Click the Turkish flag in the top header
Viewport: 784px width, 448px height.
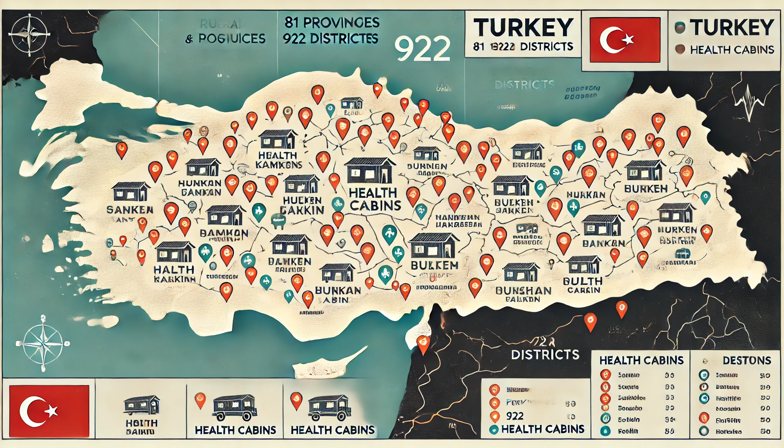pyautogui.click(x=625, y=40)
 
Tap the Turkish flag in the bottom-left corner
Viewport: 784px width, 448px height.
pyautogui.click(x=49, y=411)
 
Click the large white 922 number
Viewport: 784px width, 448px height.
pyautogui.click(x=422, y=49)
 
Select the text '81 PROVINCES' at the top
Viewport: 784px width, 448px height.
pyautogui.click(x=332, y=23)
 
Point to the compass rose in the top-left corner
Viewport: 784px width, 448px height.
pyautogui.click(x=29, y=33)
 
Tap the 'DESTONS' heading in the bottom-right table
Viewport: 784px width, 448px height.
pyautogui.click(x=746, y=360)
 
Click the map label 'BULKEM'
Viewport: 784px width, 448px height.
pyautogui.click(x=434, y=265)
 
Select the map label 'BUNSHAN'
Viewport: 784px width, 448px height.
pyautogui.click(x=523, y=290)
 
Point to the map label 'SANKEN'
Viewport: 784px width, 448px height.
pyautogui.click(x=130, y=210)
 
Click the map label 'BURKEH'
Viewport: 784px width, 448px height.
pyautogui.click(x=646, y=189)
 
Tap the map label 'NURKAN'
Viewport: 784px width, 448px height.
pyautogui.click(x=586, y=195)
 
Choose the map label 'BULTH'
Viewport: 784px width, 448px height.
pyautogui.click(x=582, y=281)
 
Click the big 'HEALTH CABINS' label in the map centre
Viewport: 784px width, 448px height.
pyautogui.click(x=375, y=199)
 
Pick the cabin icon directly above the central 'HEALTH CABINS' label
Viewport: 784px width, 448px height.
pyautogui.click(x=370, y=171)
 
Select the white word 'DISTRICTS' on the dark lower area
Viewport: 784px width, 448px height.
pyautogui.click(x=545, y=354)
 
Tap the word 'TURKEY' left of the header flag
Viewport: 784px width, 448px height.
pyautogui.click(x=523, y=28)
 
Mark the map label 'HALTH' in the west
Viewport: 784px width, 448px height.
pyautogui.click(x=174, y=269)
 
